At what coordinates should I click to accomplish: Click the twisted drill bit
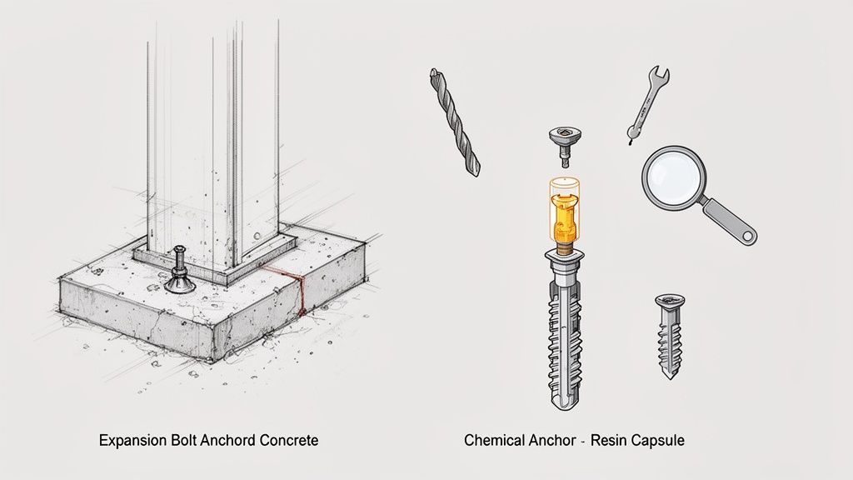pyautogui.click(x=454, y=122)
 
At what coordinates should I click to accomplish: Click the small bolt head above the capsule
pyautogui.click(x=566, y=146)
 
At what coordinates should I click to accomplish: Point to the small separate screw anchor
pyautogui.click(x=670, y=335)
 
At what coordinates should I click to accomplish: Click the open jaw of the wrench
pyautogui.click(x=661, y=74)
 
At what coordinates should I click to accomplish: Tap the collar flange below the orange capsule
pyautogui.click(x=564, y=253)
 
